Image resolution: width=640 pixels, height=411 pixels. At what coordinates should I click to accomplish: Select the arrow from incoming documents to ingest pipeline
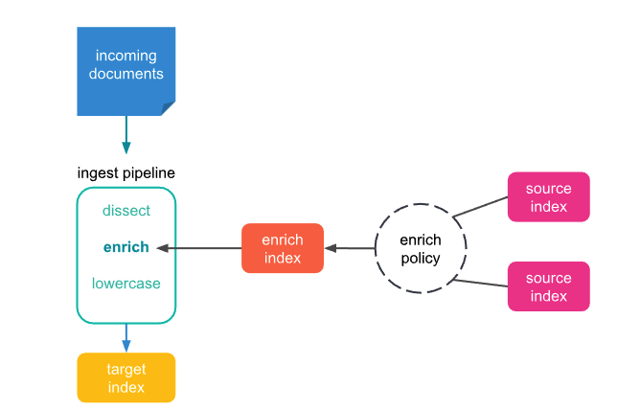point(126,135)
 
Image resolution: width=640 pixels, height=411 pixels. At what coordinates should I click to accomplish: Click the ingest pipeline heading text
point(126,173)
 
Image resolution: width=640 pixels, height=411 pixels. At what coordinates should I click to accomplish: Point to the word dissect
point(126,211)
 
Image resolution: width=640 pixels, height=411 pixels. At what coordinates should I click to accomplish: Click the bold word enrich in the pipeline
point(126,247)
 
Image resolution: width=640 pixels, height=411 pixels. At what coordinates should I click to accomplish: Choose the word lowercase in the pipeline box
point(126,284)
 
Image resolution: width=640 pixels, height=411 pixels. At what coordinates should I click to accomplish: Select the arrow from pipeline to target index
point(126,337)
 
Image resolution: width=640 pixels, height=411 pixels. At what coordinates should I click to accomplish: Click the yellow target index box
point(126,377)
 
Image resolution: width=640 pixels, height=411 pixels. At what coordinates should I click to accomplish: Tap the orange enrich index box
point(282,248)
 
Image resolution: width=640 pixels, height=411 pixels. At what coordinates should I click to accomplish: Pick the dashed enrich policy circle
point(420,249)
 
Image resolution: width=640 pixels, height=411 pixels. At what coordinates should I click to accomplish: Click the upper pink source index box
point(548,197)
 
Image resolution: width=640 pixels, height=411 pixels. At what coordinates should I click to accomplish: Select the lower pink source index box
point(548,286)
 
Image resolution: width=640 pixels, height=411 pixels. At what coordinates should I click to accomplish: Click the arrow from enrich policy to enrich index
point(350,248)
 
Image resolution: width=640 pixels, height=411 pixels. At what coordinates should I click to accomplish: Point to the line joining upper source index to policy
point(479,207)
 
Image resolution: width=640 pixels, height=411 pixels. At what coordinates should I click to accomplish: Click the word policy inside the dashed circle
point(421,259)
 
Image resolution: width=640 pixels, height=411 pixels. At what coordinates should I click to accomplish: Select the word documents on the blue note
point(126,74)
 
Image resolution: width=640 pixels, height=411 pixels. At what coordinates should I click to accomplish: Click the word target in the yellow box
point(126,369)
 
